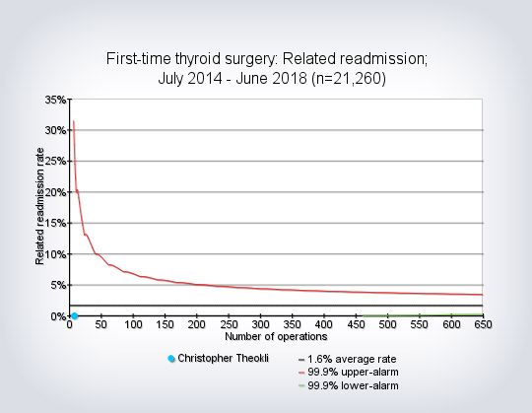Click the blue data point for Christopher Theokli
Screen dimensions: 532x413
click(74, 316)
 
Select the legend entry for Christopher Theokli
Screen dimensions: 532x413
click(219, 359)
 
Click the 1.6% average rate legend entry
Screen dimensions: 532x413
click(348, 359)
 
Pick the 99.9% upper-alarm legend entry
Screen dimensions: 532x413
click(349, 373)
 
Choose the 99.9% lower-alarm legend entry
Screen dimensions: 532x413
click(349, 385)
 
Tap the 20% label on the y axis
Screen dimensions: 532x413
click(55, 192)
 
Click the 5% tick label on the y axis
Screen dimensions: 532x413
click(58, 286)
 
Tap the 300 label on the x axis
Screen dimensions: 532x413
click(260, 324)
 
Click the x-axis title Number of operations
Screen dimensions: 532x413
click(276, 337)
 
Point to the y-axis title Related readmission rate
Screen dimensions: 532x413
click(39, 206)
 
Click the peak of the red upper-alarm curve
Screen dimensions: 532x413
click(73, 121)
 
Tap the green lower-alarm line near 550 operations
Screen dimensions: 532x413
click(420, 315)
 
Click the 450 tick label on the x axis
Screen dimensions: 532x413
click(356, 324)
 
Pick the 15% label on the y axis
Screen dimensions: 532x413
click(55, 224)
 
